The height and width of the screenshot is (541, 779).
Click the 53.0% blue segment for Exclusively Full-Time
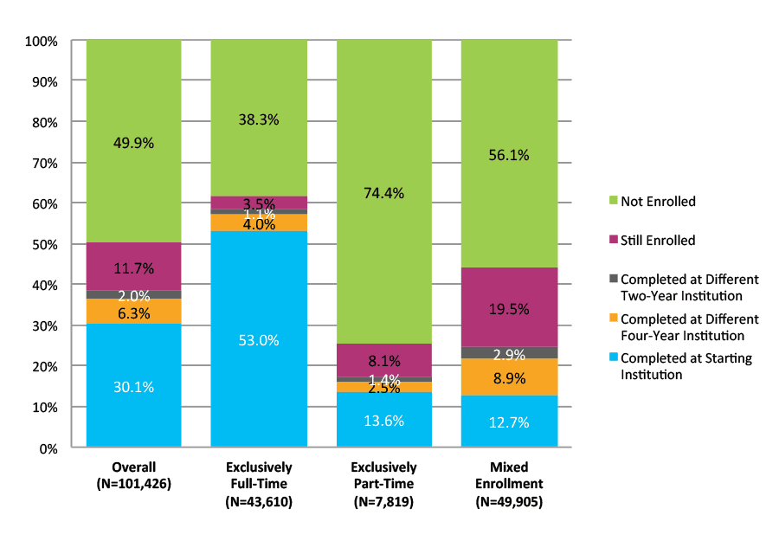pyautogui.click(x=259, y=339)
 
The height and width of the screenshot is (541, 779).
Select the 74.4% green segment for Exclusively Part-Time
pyautogui.click(x=383, y=192)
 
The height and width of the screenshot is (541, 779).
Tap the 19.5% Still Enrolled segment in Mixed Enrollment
pyautogui.click(x=509, y=307)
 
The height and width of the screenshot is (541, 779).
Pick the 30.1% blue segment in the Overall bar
pyautogui.click(x=133, y=386)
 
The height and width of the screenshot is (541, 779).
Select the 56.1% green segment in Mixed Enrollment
pyautogui.click(x=509, y=154)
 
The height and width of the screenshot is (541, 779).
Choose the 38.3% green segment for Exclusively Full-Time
pyautogui.click(x=259, y=119)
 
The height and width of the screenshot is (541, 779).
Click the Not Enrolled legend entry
pyautogui.click(x=657, y=202)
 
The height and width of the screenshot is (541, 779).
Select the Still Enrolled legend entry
pyautogui.click(x=657, y=241)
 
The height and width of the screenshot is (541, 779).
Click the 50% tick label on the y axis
pyautogui.click(x=44, y=244)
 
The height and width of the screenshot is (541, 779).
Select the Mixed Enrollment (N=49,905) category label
pyautogui.click(x=509, y=484)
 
